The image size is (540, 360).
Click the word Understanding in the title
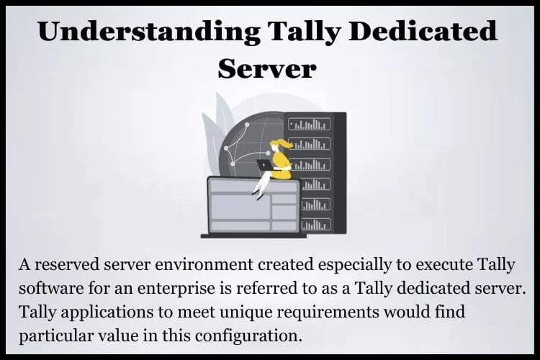[x=149, y=32]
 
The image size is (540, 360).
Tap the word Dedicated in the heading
[x=425, y=31]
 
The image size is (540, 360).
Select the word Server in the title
[x=267, y=68]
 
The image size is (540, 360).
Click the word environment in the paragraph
[x=204, y=264]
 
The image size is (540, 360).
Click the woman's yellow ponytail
[x=284, y=143]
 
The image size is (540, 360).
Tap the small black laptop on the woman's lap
[x=264, y=165]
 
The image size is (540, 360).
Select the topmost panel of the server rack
[x=310, y=124]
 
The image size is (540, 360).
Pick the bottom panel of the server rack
[x=316, y=225]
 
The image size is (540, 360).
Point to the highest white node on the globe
[x=247, y=125]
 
